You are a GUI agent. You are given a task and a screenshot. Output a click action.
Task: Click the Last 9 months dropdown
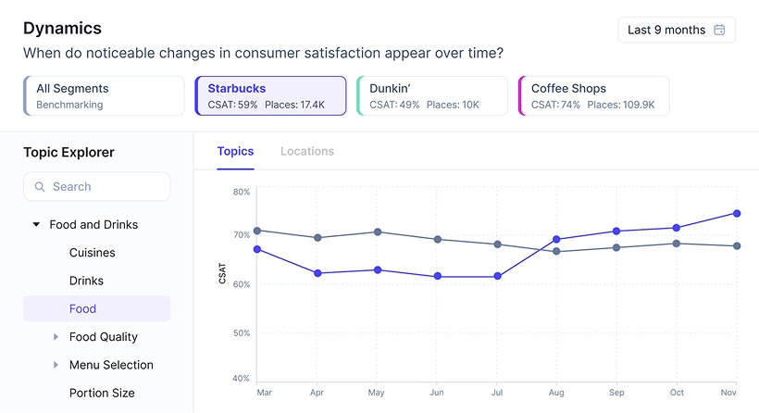pos(677,30)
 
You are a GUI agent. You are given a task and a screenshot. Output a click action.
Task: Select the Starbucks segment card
pos(270,95)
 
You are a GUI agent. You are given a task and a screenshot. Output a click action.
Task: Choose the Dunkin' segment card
pos(431,95)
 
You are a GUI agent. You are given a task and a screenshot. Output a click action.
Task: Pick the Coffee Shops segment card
pos(593,95)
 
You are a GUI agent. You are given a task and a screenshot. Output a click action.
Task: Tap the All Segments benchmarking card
pos(104,95)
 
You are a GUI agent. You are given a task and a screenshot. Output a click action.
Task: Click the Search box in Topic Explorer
pos(97,186)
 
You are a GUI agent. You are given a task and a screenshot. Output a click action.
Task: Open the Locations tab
pos(307,151)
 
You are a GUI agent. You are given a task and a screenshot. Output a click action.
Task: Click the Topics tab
pos(235,151)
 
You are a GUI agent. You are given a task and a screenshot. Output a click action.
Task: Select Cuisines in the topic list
pos(93,253)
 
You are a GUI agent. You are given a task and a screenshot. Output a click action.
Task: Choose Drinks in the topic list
pos(86,281)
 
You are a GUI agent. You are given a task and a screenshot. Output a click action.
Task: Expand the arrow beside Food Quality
pos(56,337)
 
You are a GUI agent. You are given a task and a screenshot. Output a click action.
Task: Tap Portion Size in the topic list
pos(102,393)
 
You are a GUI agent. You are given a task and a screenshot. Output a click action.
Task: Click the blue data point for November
pos(737,214)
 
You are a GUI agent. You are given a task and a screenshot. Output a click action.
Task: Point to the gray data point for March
pos(256,231)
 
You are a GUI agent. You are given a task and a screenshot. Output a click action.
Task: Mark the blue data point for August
pos(556,240)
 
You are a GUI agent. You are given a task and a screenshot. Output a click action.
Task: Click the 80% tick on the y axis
pos(241,193)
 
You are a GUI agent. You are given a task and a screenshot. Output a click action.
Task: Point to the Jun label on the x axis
pos(437,393)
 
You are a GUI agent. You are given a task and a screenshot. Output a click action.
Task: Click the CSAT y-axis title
pos(223,272)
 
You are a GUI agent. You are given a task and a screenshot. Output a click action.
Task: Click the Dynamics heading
pos(62,29)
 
